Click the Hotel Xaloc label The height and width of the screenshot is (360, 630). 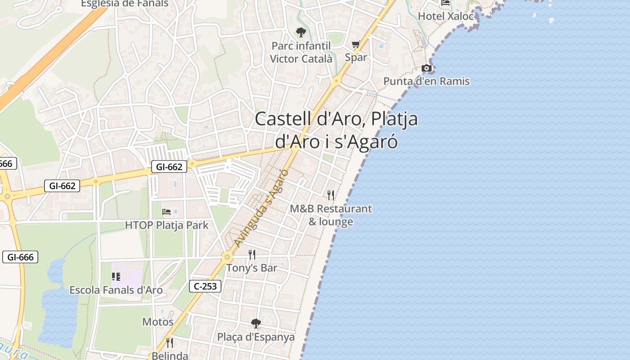(446, 16)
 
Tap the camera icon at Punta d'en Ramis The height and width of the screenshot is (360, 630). (426, 68)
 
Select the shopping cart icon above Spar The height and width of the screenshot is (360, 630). (355, 45)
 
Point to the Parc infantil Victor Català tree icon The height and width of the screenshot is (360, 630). (301, 32)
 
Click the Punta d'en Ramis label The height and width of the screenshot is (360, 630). (426, 81)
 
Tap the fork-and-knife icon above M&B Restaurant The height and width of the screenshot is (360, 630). (331, 195)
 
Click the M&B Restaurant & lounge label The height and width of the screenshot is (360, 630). (331, 215)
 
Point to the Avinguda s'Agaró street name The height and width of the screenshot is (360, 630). (261, 208)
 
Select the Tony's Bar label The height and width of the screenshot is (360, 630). (252, 268)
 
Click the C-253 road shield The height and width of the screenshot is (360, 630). (205, 286)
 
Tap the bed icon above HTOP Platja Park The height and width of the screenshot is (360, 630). (166, 211)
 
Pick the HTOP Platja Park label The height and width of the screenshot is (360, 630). (166, 225)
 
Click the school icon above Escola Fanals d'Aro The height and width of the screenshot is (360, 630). (116, 277)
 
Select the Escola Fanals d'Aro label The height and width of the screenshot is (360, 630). (116, 290)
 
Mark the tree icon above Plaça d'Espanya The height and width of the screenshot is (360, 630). (256, 323)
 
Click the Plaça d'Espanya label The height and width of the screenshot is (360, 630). (256, 337)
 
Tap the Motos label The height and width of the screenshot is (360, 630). (157, 322)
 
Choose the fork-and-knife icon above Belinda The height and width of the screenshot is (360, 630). (169, 343)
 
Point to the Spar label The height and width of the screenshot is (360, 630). (355, 58)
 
